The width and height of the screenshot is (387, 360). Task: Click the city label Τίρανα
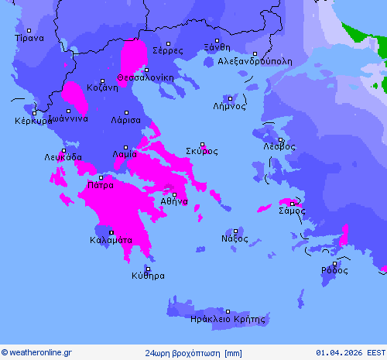(x=29, y=37)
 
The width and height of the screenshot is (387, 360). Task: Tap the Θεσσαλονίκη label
(x=146, y=77)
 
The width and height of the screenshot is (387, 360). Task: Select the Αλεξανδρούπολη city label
(x=255, y=60)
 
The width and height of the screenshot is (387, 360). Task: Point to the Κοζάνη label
(x=102, y=87)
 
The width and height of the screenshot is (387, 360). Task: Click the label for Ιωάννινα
(x=68, y=118)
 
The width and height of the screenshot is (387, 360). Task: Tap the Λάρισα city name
(x=125, y=121)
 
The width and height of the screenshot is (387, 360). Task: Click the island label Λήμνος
(x=229, y=106)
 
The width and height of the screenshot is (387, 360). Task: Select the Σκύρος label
(x=202, y=151)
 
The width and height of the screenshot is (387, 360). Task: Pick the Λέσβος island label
(x=279, y=146)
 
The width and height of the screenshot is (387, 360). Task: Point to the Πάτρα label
(x=101, y=185)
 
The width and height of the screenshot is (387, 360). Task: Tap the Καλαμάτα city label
(x=111, y=240)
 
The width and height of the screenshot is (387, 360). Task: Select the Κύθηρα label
(x=148, y=275)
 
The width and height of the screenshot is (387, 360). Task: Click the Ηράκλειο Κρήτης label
(x=227, y=318)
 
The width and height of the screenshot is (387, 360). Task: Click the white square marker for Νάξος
(x=236, y=230)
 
